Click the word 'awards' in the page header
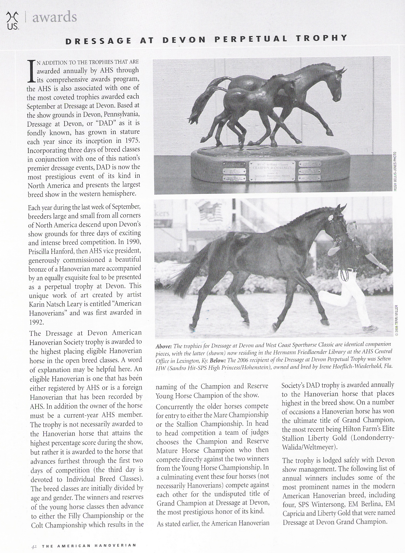pos(54,18)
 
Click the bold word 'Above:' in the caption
pos(164,346)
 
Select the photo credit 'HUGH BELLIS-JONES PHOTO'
pos(395,171)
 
